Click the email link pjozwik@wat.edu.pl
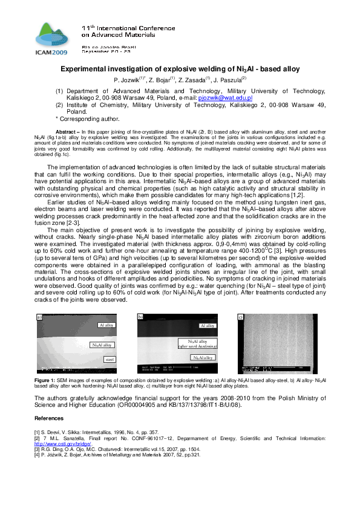pos(224,97)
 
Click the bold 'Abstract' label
pos(67,131)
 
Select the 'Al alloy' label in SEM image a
pos(106,325)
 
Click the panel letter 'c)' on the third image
pos(240,317)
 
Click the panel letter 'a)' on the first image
pos(40,317)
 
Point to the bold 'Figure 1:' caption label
pos(46,380)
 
